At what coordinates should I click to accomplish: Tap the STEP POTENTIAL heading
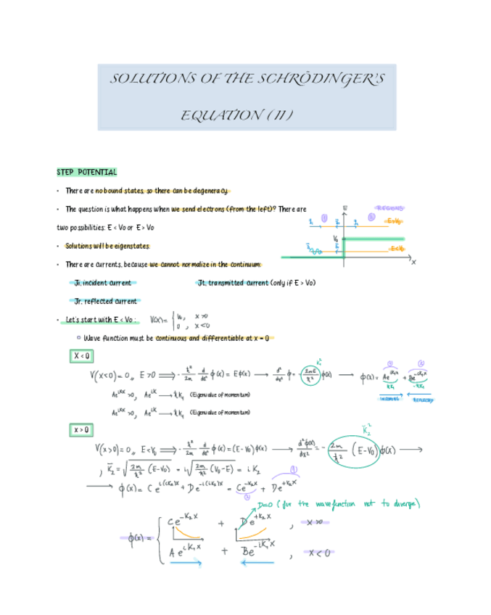[x=86, y=172]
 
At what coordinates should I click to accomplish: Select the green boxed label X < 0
[x=81, y=356]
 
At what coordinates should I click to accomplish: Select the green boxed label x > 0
[x=81, y=429]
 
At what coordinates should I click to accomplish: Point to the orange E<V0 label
[x=397, y=249]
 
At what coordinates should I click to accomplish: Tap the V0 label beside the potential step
[x=336, y=238]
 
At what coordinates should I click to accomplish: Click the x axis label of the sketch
[x=414, y=263]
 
